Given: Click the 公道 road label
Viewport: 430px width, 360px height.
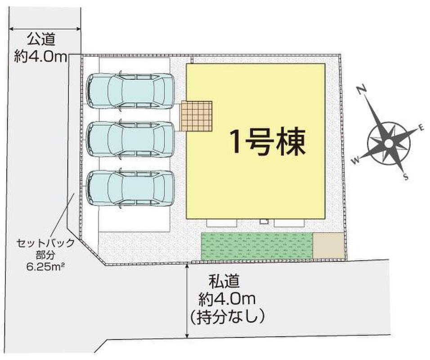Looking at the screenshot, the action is pyautogui.click(x=41, y=39).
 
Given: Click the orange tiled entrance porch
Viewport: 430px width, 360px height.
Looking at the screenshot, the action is pyautogui.click(x=197, y=116).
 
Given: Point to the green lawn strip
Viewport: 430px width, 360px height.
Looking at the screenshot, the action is pyautogui.click(x=257, y=246).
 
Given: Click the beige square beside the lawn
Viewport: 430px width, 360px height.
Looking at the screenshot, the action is pyautogui.click(x=328, y=246).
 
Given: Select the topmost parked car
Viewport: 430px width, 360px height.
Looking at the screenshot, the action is pyautogui.click(x=130, y=91).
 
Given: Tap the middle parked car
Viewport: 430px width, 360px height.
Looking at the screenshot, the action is pyautogui.click(x=130, y=139).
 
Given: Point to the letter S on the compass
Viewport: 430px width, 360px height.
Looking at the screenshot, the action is pyautogui.click(x=406, y=177).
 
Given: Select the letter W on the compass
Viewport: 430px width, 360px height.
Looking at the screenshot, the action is pyautogui.click(x=356, y=160).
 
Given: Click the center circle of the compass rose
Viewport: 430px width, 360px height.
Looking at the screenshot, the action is pyautogui.click(x=389, y=143).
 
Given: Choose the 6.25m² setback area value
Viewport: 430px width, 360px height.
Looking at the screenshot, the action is pyautogui.click(x=44, y=266).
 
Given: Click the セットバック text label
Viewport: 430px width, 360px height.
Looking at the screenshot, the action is pyautogui.click(x=45, y=243).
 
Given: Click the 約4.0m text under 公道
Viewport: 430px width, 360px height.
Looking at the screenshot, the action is pyautogui.click(x=41, y=57).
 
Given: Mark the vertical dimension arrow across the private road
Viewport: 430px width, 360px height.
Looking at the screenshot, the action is pyautogui.click(x=187, y=300).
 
